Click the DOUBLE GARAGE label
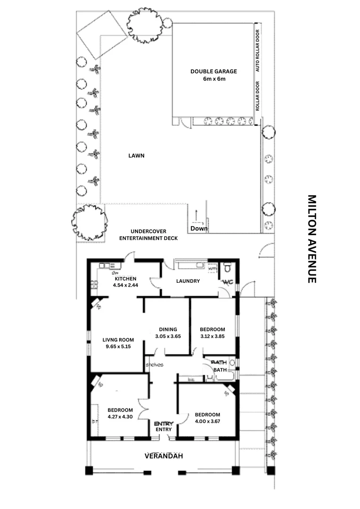(213, 71)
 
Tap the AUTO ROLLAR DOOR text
(257, 50)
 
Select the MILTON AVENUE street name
(311, 239)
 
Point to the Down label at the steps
(198, 229)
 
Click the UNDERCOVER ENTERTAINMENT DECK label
(148, 235)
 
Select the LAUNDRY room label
(188, 281)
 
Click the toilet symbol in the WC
(227, 268)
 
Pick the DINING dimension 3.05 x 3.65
(168, 337)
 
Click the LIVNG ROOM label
(118, 339)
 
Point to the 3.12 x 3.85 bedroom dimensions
(212, 337)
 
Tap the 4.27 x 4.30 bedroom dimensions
(120, 417)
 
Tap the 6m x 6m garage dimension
(214, 79)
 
